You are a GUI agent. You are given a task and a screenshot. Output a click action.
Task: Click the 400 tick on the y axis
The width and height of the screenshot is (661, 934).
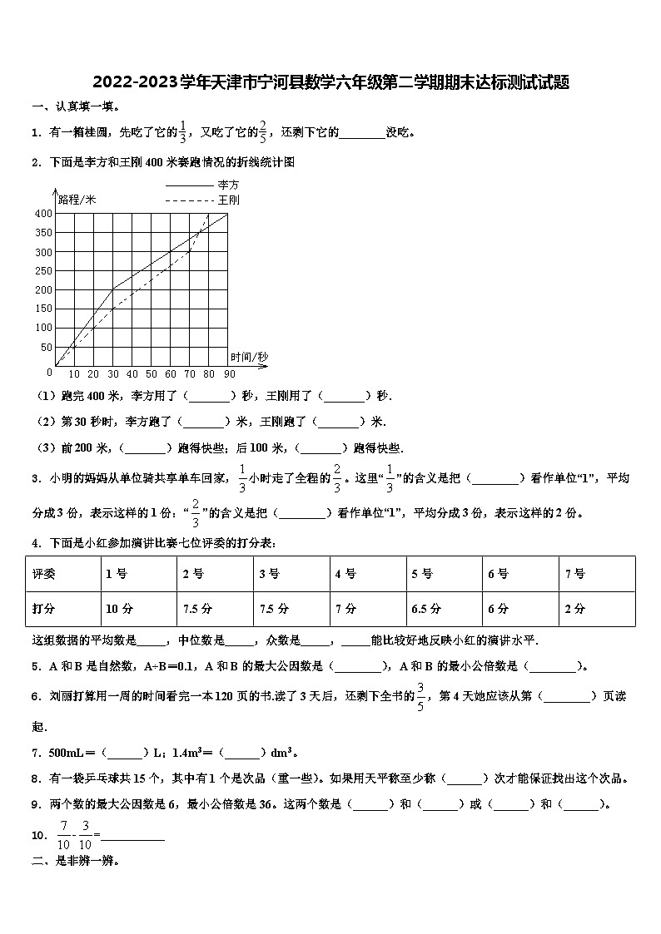(42, 214)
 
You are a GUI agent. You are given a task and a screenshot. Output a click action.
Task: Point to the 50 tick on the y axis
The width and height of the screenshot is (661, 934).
(46, 348)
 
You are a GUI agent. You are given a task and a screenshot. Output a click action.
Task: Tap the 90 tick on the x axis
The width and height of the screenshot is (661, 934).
(229, 374)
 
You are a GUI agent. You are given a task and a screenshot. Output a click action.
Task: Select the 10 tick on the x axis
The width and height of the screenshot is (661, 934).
(74, 374)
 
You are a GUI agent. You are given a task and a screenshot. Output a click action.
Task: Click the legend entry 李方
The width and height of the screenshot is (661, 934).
(228, 185)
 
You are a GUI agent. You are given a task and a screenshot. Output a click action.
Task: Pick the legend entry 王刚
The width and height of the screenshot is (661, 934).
(228, 200)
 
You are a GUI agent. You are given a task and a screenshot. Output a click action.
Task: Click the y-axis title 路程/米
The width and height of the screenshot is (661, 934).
(77, 199)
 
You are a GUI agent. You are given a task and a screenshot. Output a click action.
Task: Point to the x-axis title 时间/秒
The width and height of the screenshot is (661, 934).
(250, 357)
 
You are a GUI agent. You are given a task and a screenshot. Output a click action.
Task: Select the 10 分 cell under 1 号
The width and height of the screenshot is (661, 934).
(119, 609)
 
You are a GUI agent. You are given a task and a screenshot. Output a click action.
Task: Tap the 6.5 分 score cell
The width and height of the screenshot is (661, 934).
(425, 609)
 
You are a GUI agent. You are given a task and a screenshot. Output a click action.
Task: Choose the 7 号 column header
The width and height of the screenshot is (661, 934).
(574, 574)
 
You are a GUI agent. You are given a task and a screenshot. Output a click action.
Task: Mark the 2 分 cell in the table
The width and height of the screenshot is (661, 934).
(574, 609)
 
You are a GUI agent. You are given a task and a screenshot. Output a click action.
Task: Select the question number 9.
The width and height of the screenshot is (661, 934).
(36, 803)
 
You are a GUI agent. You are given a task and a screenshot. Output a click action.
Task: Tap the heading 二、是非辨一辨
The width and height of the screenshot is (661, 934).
(75, 862)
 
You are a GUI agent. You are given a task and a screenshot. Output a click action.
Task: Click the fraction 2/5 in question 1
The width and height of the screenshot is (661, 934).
(263, 131)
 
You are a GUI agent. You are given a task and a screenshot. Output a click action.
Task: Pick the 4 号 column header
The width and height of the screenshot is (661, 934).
(345, 574)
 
